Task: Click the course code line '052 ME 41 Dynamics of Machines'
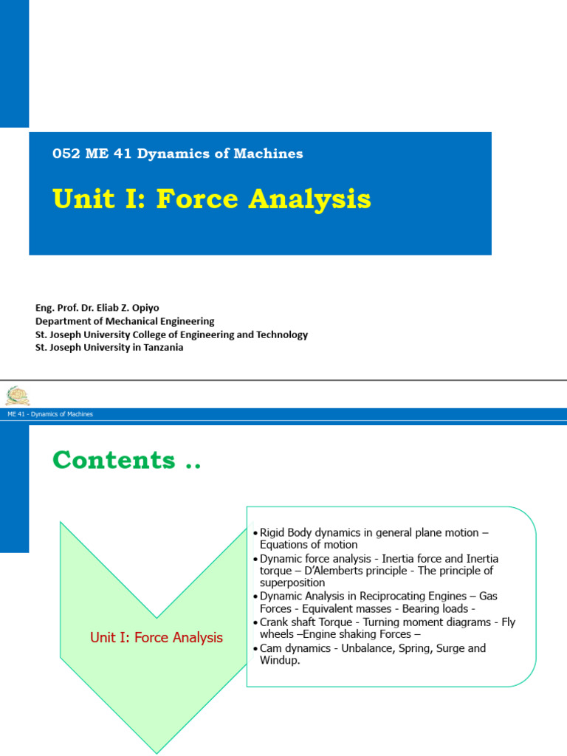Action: pos(177,154)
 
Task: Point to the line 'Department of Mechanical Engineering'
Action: pos(125,321)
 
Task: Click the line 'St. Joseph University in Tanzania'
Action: pos(109,347)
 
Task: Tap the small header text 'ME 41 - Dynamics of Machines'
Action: pos(50,414)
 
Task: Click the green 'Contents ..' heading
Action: pos(126,460)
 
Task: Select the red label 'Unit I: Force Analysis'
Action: pos(156,637)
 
